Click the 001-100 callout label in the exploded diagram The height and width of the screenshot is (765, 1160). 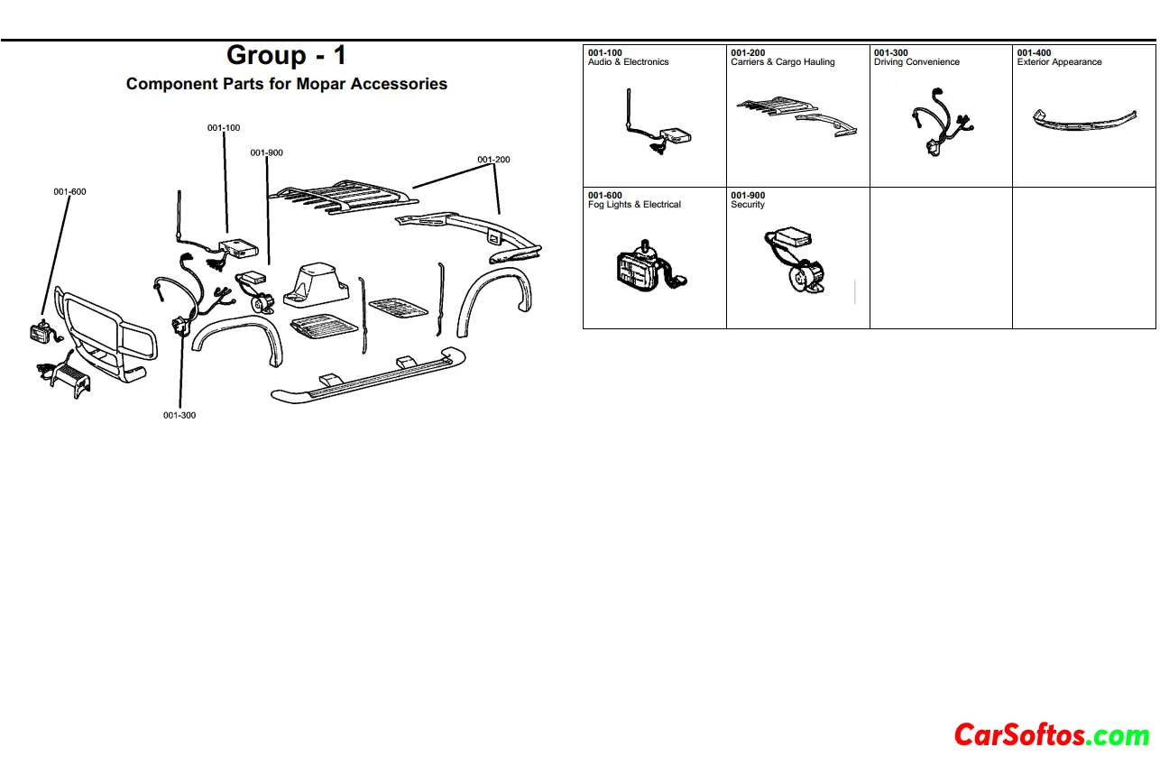point(223,128)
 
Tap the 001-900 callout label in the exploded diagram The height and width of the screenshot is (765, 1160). point(266,152)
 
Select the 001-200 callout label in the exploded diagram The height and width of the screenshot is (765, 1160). point(493,160)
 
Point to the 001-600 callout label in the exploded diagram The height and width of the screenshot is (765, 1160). point(70,191)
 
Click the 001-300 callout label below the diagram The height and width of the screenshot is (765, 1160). point(180,415)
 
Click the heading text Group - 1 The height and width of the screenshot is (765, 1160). point(286,55)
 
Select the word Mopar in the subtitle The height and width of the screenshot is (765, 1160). point(321,84)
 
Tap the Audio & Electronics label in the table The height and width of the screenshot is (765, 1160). point(628,62)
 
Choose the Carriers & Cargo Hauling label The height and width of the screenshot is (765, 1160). point(782,62)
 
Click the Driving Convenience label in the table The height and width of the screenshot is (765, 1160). point(916,62)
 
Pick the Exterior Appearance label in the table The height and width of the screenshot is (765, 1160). point(1059,62)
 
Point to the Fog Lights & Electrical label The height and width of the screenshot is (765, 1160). point(634,205)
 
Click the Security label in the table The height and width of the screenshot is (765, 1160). point(747,205)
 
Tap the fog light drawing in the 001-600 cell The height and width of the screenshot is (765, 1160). point(650,267)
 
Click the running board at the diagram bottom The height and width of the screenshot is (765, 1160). point(368,375)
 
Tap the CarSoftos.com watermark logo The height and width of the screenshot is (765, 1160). point(1051,735)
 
